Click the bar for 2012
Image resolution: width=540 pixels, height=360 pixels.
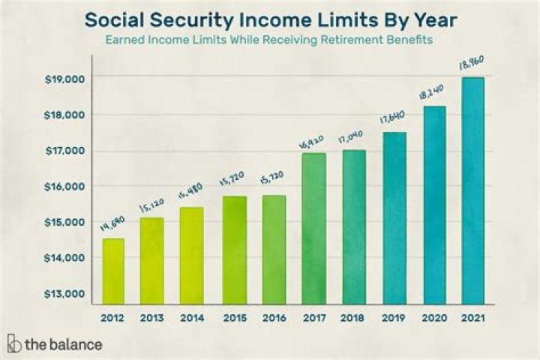click(x=113, y=268)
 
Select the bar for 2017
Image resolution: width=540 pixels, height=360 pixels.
click(x=314, y=226)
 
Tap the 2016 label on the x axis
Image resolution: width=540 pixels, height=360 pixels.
click(x=274, y=317)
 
